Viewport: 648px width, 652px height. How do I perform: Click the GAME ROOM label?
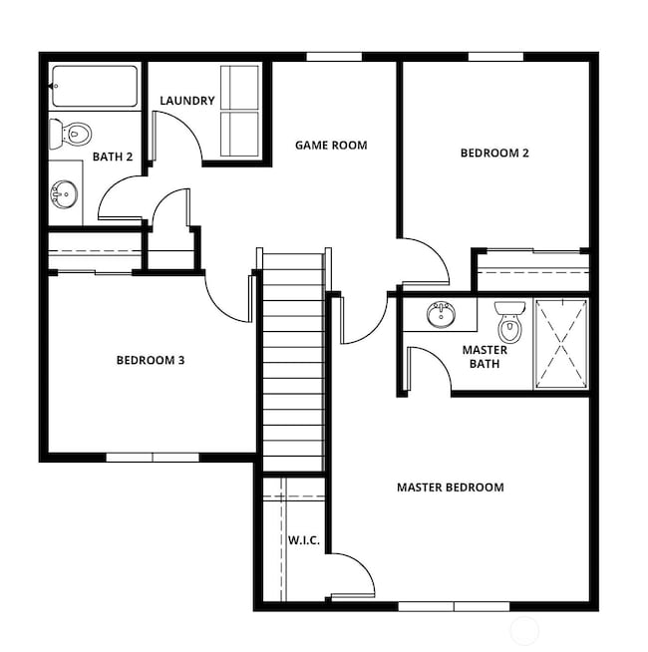330,146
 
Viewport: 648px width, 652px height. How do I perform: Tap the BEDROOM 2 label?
493,154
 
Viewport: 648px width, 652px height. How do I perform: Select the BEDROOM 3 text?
151,360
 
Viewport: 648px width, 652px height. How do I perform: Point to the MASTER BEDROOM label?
450,488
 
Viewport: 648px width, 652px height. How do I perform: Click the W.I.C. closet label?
303,540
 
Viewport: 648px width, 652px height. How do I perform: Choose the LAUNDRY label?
187,101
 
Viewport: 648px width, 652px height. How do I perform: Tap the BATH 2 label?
113,157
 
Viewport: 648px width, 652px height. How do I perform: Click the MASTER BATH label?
485,357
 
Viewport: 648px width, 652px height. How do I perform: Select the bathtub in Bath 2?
95,87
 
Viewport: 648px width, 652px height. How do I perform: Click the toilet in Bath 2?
72,132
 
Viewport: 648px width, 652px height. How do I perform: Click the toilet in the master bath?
509,321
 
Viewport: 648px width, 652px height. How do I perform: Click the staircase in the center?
292,359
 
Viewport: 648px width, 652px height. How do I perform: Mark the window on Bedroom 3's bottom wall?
153,458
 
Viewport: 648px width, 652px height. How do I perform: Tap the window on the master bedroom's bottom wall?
454,605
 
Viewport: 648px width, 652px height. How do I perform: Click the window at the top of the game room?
333,57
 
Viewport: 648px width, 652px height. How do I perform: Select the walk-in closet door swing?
351,573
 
